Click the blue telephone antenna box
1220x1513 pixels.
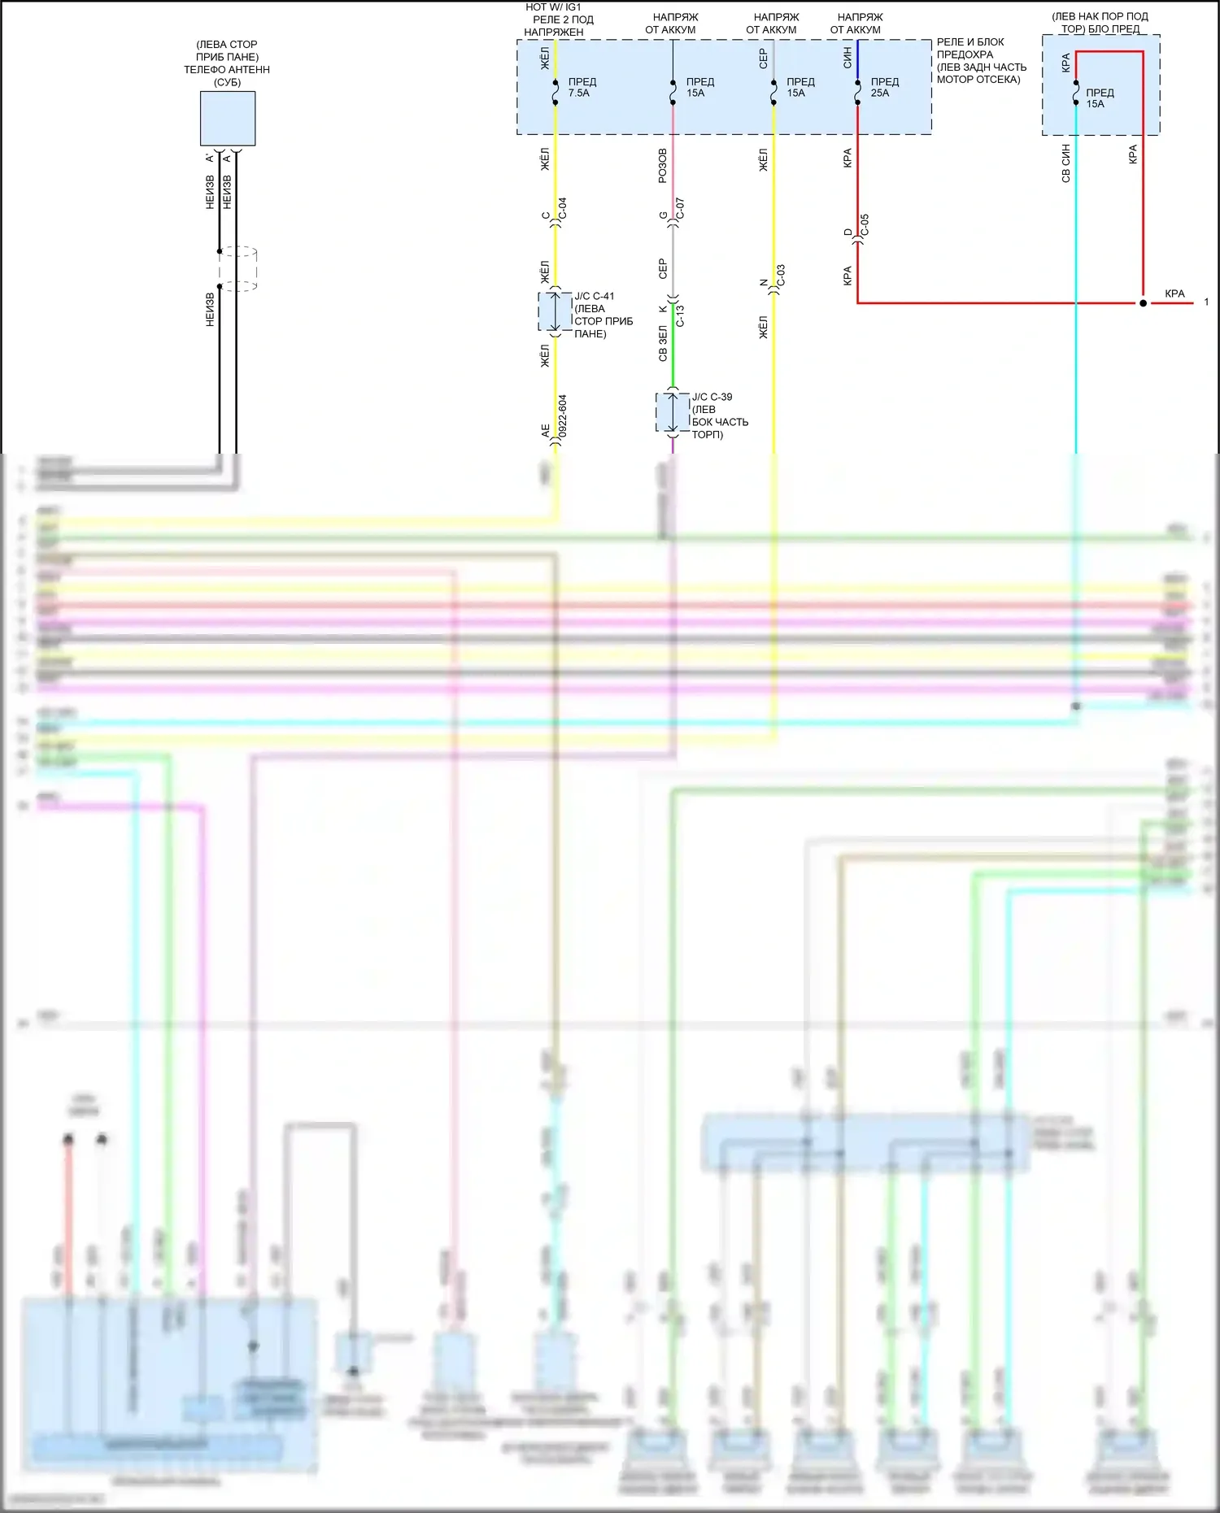tap(228, 119)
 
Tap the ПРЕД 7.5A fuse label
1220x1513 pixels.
tap(582, 87)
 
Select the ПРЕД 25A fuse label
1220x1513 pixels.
tap(884, 87)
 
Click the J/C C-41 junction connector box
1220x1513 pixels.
tap(556, 311)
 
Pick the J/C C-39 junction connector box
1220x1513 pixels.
tap(673, 412)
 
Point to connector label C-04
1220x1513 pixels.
tap(562, 208)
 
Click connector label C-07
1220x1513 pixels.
tap(680, 208)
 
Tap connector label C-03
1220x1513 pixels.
tap(781, 275)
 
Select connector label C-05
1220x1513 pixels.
tap(865, 224)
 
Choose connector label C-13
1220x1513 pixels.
tap(680, 315)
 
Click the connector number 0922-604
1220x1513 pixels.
tap(563, 416)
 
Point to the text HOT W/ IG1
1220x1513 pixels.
tap(553, 7)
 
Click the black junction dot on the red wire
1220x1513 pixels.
tap(1143, 303)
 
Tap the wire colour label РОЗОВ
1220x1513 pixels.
tap(662, 165)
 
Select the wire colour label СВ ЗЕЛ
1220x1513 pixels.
tap(662, 344)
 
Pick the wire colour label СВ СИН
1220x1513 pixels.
tap(1065, 163)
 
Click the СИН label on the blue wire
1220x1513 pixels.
tap(847, 57)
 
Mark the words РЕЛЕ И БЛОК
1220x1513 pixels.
tap(969, 42)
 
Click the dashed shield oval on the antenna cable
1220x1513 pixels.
tap(238, 268)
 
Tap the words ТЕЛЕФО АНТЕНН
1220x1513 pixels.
tap(227, 70)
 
